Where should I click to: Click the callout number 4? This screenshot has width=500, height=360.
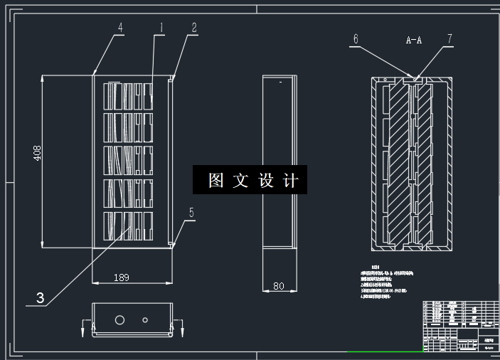coord(120,28)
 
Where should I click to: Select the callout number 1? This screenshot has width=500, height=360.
coord(161,28)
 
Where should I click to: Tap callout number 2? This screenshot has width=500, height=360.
coord(193,28)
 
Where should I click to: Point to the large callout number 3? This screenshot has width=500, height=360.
coord(41,299)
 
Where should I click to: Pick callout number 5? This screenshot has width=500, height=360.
coord(191,212)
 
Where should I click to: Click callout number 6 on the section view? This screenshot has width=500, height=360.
coord(356,39)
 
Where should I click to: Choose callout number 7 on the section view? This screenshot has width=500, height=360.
coord(450,39)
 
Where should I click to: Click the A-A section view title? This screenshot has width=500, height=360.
coord(414,41)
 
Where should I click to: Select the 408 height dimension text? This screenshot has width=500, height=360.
coord(38,154)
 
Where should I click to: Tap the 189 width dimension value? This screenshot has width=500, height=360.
coord(122,277)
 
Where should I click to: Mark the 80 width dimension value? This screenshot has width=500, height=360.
coord(278,286)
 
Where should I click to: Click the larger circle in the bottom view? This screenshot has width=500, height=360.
coord(120,319)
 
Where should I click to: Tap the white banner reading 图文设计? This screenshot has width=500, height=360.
coord(250,181)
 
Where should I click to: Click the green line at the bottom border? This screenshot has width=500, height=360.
coord(384,351)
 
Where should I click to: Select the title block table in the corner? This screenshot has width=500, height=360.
coord(460,326)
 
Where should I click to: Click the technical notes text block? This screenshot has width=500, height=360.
coord(388,282)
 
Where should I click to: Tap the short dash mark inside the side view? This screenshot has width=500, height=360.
coord(281,83)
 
